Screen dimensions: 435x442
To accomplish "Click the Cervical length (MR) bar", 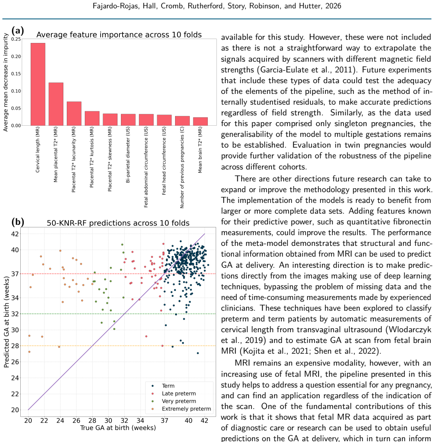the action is coord(38,84).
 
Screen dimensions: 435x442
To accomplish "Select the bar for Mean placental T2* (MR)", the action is coord(56,104).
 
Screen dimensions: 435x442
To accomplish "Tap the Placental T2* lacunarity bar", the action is coord(74,113).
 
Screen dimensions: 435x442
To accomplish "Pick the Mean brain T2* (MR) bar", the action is coord(200,121).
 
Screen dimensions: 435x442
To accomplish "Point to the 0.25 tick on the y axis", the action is coord(16,39).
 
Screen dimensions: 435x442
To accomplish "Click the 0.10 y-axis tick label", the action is coord(16,91).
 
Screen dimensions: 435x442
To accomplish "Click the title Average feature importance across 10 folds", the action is coord(119,35).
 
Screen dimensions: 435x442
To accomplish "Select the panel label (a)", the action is coord(18,31).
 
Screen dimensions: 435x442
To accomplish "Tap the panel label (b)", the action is coord(18,222).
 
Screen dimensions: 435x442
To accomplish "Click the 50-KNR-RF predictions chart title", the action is coord(118,223).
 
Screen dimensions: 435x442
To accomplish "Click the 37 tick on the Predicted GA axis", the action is coord(15,274).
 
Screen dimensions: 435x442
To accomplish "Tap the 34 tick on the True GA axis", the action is coord(140,421).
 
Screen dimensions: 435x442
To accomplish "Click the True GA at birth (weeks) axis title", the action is coord(118,428).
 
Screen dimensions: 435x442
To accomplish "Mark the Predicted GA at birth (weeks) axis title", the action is coord(6,322).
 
